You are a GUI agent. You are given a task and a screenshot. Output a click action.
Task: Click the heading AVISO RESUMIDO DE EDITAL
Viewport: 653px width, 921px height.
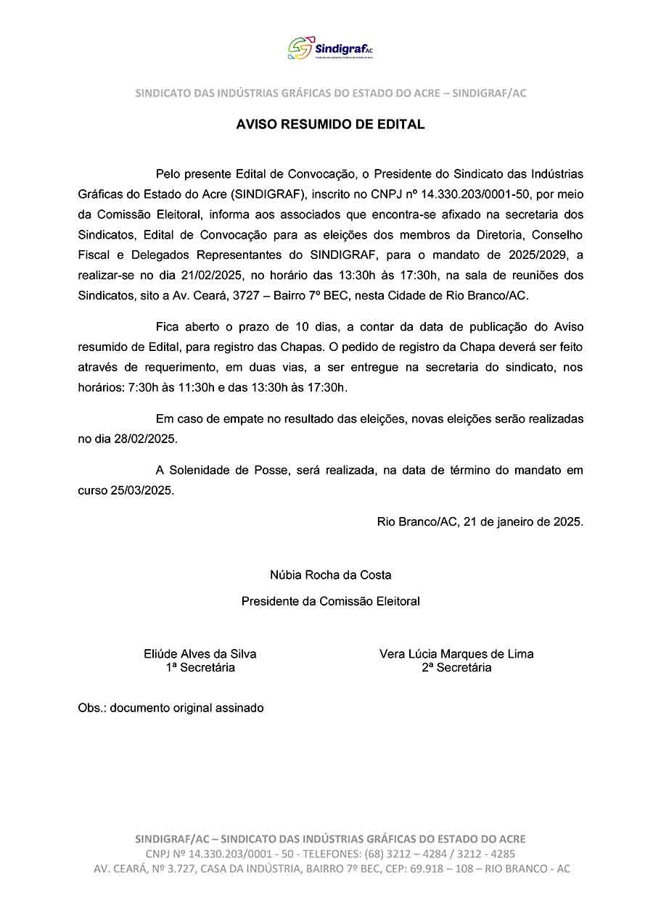(330, 125)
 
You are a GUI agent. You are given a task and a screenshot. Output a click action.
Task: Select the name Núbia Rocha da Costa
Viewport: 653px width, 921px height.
(330, 575)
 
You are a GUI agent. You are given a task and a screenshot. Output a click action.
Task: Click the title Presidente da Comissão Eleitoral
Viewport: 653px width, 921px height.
(330, 601)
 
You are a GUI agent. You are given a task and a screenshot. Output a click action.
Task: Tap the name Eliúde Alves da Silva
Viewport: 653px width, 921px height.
(200, 654)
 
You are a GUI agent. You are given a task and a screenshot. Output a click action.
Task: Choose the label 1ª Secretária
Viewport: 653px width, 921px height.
(200, 668)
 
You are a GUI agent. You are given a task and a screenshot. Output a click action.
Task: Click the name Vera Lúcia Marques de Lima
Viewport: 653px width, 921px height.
(456, 654)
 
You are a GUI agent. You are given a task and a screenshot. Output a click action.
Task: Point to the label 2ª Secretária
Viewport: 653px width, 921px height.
(456, 668)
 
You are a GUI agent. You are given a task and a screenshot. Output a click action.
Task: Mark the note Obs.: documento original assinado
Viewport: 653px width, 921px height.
(171, 708)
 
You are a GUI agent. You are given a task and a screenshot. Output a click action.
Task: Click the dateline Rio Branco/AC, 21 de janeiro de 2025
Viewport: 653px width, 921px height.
(480, 521)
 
